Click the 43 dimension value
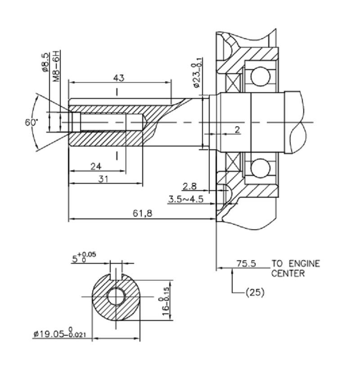pyautogui.click(x=119, y=77)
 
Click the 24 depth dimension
pyautogui.click(x=95, y=166)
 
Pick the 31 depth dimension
pyautogui.click(x=103, y=178)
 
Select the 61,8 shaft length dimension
pyautogui.click(x=142, y=214)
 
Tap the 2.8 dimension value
pyautogui.click(x=190, y=186)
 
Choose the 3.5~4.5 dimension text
pyautogui.click(x=185, y=198)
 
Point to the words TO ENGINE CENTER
pyautogui.click(x=295, y=268)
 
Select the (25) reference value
pyautogui.click(x=255, y=292)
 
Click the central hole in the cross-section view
pyautogui.click(x=116, y=297)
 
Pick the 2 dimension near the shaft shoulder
pyautogui.click(x=237, y=129)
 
